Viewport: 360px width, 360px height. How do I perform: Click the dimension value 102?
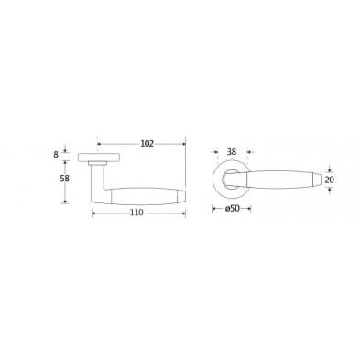pos(147,144)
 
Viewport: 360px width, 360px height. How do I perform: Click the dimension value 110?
pos(136,213)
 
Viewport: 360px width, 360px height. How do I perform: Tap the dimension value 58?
pos(65,179)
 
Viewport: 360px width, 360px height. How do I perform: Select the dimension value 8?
pos(56,155)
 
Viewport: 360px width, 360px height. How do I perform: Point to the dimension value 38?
pos(232,152)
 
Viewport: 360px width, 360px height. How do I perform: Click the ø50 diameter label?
pos(232,209)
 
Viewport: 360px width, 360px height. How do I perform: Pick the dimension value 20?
pos(329,180)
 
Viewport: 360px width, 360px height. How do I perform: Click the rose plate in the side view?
pos(99,158)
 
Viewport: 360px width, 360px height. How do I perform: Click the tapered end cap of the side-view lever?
pos(181,197)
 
